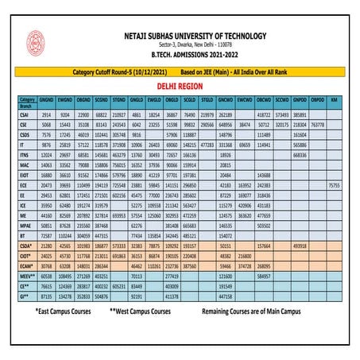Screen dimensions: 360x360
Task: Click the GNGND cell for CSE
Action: pyautogui.click(x=46, y=126)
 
